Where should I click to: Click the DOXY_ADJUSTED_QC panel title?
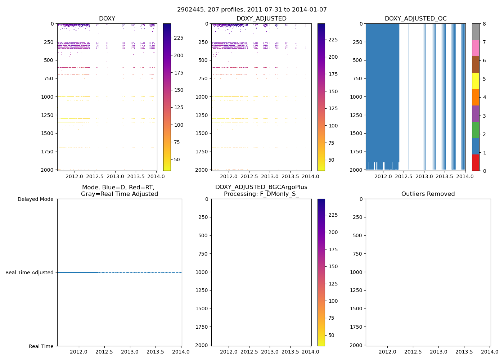click(415, 19)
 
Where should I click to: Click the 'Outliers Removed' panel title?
click(428, 194)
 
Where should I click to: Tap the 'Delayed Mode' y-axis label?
click(35, 199)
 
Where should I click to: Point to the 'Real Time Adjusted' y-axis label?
click(30, 273)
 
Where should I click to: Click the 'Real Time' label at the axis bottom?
click(41, 346)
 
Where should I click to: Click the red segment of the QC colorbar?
click(476, 162)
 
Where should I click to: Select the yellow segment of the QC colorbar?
click(476, 81)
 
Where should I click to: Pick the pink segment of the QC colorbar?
click(476, 48)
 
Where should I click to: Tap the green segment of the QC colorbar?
click(476, 130)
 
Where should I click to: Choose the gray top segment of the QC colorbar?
click(476, 32)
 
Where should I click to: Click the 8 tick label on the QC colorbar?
click(484, 24)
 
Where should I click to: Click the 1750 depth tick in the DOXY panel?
click(48, 152)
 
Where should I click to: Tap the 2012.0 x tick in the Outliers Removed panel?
click(387, 352)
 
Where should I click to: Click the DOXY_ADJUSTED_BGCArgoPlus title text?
click(261, 187)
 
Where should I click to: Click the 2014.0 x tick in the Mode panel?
click(181, 352)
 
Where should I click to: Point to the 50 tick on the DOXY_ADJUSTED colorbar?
click(331, 160)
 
